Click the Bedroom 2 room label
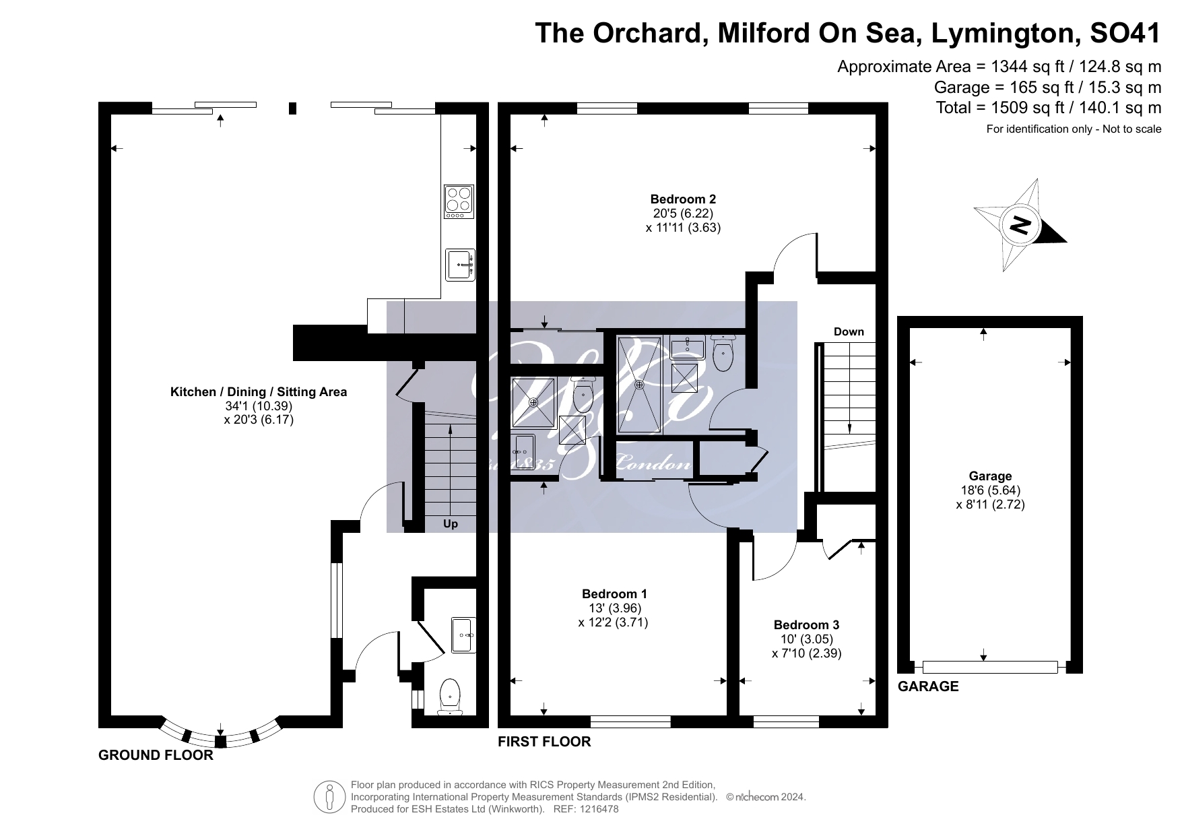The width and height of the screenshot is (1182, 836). [683, 199]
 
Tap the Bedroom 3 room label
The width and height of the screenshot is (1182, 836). [806, 625]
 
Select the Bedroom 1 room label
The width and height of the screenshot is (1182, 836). [614, 594]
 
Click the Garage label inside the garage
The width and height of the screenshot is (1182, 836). [990, 476]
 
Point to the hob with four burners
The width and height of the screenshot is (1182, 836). [459, 201]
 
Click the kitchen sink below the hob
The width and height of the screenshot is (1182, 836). [460, 265]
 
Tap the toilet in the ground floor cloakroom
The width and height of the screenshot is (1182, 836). [449, 696]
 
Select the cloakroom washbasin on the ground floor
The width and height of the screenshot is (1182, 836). [463, 635]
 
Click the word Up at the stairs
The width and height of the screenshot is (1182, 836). [451, 524]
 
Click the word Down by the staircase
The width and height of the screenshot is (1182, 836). [849, 331]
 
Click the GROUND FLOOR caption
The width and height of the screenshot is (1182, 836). [156, 755]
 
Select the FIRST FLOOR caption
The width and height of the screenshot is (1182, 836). [544, 742]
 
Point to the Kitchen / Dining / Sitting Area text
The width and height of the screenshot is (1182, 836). [259, 392]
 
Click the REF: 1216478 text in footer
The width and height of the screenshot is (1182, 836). [585, 809]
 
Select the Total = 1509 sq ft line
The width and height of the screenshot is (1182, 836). [1048, 108]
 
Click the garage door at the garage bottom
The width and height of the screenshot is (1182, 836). [989, 667]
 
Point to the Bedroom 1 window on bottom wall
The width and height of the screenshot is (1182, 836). [630, 722]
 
